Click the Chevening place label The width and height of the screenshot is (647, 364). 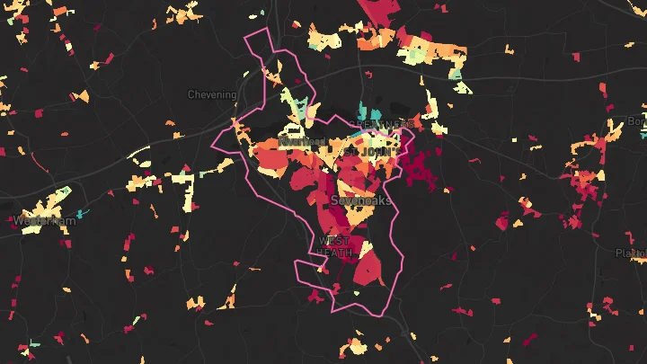coord(212,94)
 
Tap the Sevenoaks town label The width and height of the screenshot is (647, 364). coord(361,200)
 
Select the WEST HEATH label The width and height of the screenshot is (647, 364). coord(334,247)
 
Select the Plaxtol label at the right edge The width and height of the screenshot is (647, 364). coord(631,253)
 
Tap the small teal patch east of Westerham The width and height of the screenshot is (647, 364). coord(81,214)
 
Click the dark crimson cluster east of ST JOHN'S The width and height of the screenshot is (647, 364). coord(418,166)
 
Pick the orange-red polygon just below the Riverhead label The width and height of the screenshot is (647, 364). coord(271,160)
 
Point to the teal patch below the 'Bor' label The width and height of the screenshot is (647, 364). coord(643,135)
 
